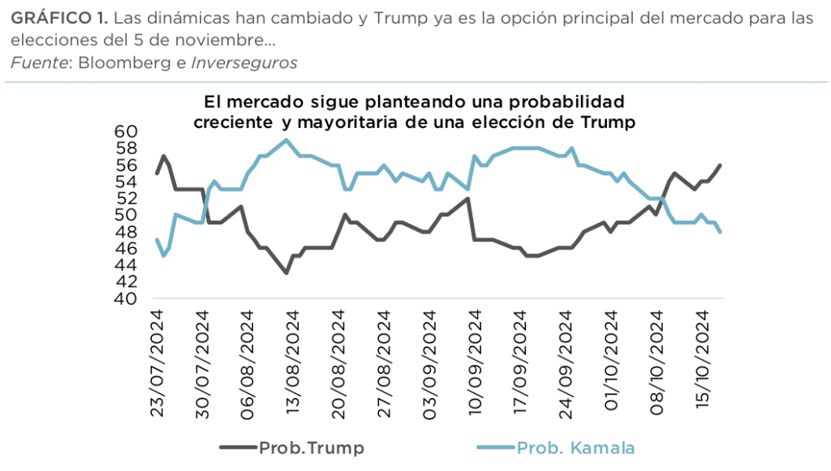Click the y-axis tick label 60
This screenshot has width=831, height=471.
point(128,131)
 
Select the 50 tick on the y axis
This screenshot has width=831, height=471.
point(128,215)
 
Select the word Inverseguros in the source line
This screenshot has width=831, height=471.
point(244,62)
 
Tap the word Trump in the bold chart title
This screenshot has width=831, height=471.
point(609,123)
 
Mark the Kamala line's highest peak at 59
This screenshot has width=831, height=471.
point(286,140)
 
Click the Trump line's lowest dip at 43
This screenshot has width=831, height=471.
point(286,273)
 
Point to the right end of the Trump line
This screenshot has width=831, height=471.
point(721,165)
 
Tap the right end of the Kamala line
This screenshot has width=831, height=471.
point(721,232)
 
